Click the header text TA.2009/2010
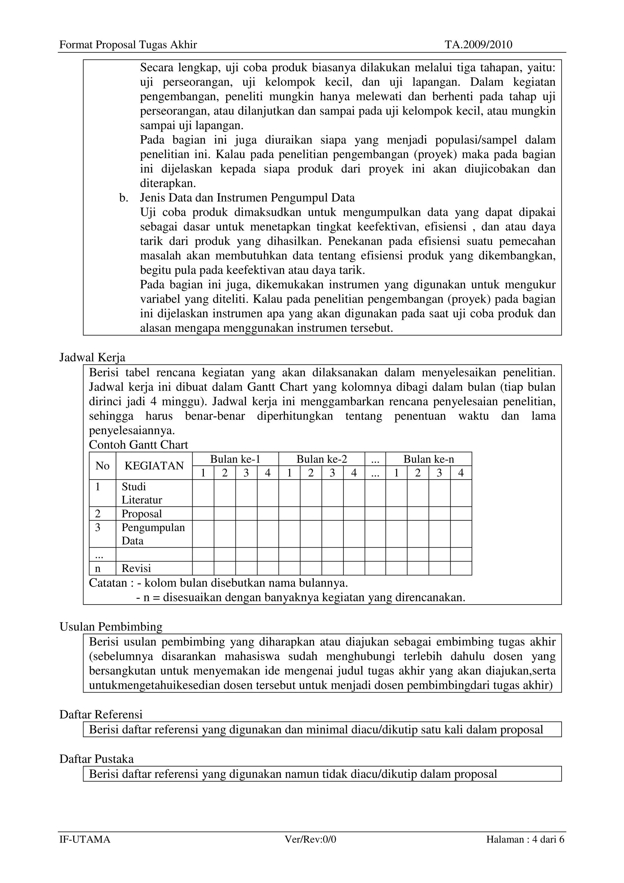pyautogui.click(x=478, y=45)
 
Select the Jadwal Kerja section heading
pyautogui.click(x=92, y=358)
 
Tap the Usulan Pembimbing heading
pyautogui.click(x=111, y=627)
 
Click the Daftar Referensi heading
pyautogui.click(x=101, y=715)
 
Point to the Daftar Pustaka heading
pyautogui.click(x=97, y=759)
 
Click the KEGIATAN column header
pyautogui.click(x=154, y=466)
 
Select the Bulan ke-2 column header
pyautogui.click(x=321, y=459)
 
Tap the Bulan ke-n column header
pyautogui.click(x=428, y=459)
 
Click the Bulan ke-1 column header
pyautogui.click(x=235, y=459)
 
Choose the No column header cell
pyautogui.click(x=102, y=466)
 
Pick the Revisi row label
pyautogui.click(x=136, y=569)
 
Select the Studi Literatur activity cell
pyautogui.click(x=142, y=493)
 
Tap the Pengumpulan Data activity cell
pyautogui.click(x=153, y=534)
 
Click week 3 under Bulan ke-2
pyautogui.click(x=332, y=473)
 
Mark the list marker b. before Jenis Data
pyautogui.click(x=123, y=198)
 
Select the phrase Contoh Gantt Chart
pyautogui.click(x=138, y=445)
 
